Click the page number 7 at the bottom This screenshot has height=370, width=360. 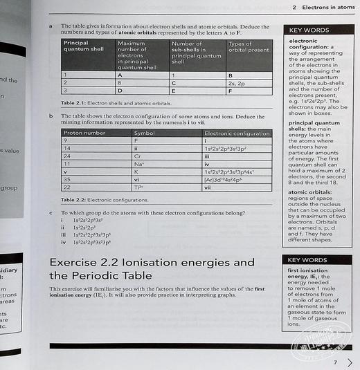click(334, 362)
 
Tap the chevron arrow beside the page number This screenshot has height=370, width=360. click(350, 362)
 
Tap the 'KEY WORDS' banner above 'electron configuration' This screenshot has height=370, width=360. click(309, 30)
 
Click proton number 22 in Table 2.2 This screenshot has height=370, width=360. click(68, 187)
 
